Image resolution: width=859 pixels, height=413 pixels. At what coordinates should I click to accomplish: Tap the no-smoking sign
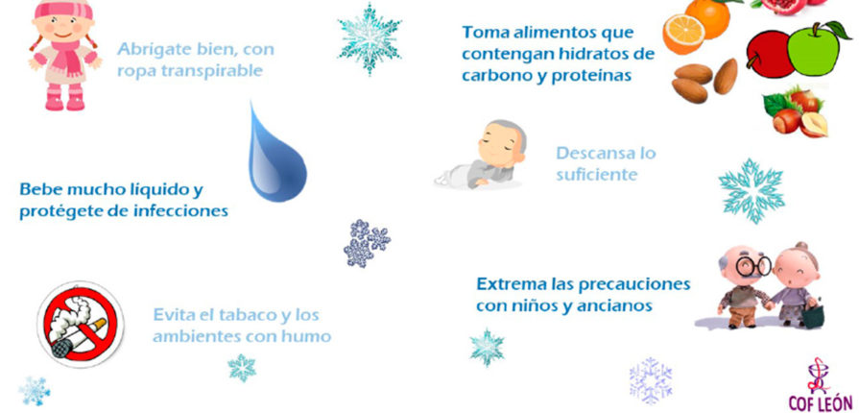tap(81, 324)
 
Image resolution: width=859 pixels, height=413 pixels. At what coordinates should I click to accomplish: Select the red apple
tap(770, 54)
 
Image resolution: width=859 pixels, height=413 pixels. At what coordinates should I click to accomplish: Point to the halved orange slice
tap(683, 34)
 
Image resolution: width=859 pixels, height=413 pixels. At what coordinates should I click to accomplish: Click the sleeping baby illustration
tap(481, 156)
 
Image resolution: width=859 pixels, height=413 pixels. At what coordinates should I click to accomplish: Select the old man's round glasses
tap(752, 267)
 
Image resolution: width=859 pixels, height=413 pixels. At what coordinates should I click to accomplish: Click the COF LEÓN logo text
tap(820, 401)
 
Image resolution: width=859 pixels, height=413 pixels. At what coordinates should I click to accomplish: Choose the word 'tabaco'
tap(247, 315)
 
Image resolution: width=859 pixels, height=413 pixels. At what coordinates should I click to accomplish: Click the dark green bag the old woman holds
tap(812, 316)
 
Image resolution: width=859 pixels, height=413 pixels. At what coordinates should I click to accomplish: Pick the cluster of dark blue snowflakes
tap(367, 243)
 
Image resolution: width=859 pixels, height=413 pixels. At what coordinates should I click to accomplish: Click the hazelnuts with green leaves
tap(796, 111)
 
